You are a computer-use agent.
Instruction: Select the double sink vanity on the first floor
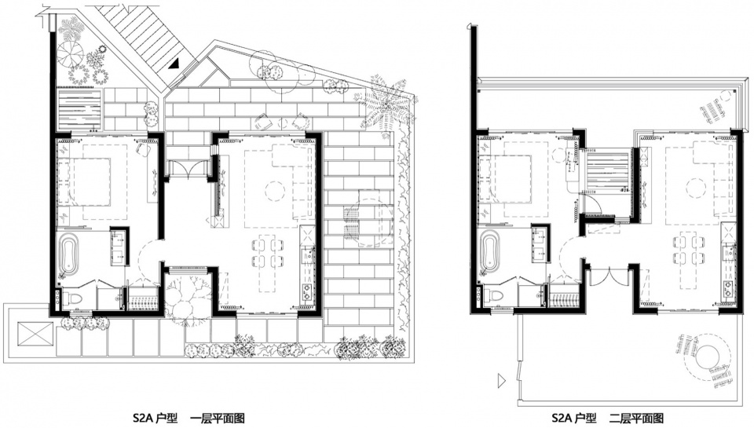tap(119, 247)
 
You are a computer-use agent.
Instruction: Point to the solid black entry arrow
tap(174, 63)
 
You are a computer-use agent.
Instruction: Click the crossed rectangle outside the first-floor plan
tap(35, 333)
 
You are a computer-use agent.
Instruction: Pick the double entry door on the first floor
tap(188, 168)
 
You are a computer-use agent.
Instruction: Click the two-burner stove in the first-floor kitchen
tap(306, 290)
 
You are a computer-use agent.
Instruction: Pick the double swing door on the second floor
tap(608, 277)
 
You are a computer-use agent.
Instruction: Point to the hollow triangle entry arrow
tap(502, 380)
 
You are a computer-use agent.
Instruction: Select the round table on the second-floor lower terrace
tap(707, 358)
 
